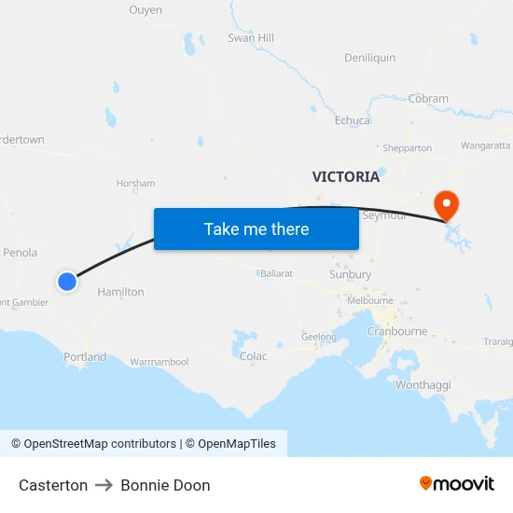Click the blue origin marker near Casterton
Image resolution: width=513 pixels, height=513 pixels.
coord(67,281)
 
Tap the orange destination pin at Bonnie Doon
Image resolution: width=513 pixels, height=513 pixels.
coord(447,204)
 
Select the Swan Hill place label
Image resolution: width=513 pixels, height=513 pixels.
coord(251,38)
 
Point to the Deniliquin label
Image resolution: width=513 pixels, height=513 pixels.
coord(369,58)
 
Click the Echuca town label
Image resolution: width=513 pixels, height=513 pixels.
coord(353,120)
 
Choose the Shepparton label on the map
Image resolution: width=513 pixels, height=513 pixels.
coord(407,148)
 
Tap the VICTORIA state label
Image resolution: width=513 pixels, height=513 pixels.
coord(346,176)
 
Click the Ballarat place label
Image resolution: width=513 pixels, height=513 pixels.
coord(276,274)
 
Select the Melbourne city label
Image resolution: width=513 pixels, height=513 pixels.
coord(369,301)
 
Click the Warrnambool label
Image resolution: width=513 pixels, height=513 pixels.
coord(159,362)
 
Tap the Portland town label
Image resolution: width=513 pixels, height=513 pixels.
coord(85,357)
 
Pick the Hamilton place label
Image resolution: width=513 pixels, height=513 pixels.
coord(121,292)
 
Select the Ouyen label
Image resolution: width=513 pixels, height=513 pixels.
coord(145,10)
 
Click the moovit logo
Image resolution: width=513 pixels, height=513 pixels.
coord(456,484)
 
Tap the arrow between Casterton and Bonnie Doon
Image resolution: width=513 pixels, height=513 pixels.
coord(104,485)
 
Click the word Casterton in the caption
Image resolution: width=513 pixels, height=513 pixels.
coord(53,485)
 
